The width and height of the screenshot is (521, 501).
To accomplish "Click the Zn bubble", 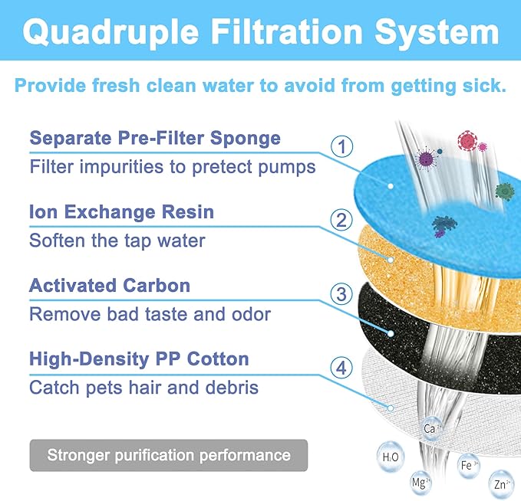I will (501, 484).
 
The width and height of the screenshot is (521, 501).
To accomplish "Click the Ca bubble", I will (430, 429).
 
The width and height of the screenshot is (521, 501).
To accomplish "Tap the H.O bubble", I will (390, 457).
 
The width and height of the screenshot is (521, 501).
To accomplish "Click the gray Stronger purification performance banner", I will (169, 455).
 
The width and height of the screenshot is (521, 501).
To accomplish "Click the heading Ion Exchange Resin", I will (121, 211).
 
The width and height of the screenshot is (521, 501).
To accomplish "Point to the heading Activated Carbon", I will (109, 286).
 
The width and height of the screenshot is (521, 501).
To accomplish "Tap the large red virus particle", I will (467, 140).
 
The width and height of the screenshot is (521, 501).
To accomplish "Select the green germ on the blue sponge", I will (503, 191).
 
